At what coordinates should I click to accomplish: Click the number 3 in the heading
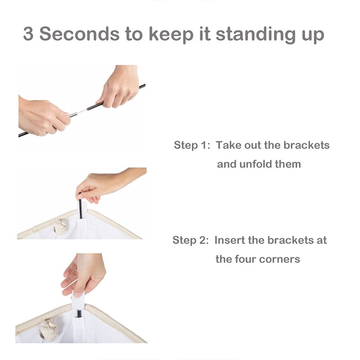coord(28,34)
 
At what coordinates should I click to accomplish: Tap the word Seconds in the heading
coord(80,34)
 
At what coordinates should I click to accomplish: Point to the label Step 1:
coord(192,145)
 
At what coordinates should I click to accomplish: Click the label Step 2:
coord(190,240)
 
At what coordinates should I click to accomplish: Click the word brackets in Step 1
coord(306,145)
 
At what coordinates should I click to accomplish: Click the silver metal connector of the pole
coord(72,115)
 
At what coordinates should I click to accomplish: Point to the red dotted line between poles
coord(81,112)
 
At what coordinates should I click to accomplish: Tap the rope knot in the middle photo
coord(61,227)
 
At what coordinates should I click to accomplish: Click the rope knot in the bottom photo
coord(49,329)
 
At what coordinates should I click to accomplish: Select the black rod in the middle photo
coord(81,209)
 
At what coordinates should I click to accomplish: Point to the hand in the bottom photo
coord(84,274)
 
